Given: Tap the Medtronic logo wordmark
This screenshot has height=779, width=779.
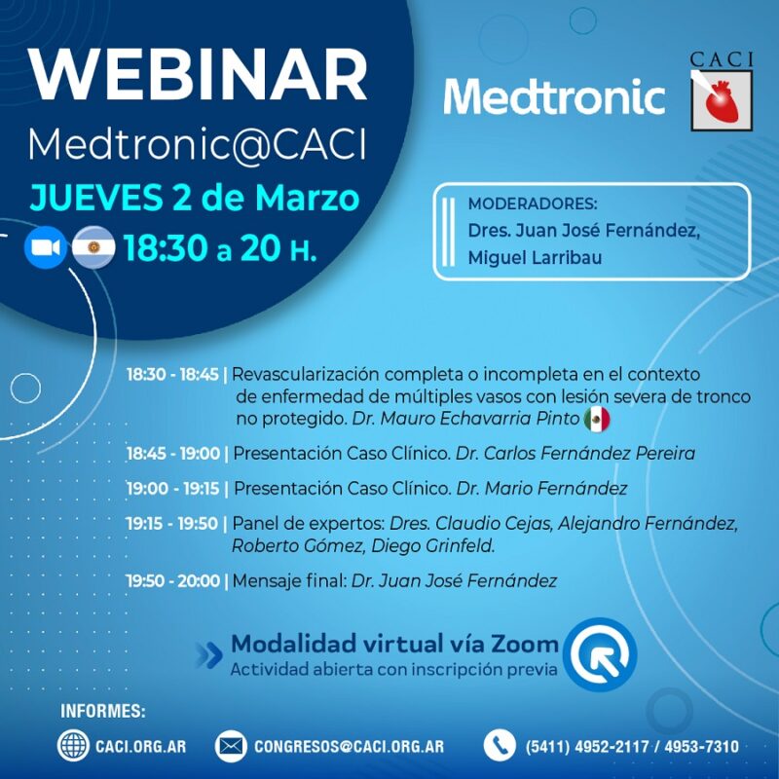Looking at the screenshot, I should (553, 97).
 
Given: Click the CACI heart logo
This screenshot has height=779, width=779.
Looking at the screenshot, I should (722, 97).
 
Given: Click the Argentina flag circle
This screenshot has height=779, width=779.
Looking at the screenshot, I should (93, 249).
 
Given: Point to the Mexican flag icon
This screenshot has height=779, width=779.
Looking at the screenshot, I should (597, 420).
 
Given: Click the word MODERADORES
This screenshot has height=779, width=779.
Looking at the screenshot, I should (532, 204).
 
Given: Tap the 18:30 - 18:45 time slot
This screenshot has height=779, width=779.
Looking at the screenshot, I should (172, 375).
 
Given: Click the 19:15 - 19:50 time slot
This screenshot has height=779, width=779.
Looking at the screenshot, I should (172, 524).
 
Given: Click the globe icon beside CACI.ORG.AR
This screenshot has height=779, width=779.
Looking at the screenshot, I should (73, 746).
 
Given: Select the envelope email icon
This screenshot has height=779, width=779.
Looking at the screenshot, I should (231, 746).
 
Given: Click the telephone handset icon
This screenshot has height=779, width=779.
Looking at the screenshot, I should (499, 746).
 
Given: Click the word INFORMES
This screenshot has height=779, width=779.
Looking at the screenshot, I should (103, 711).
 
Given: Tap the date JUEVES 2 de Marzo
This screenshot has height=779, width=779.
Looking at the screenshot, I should (195, 199).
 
